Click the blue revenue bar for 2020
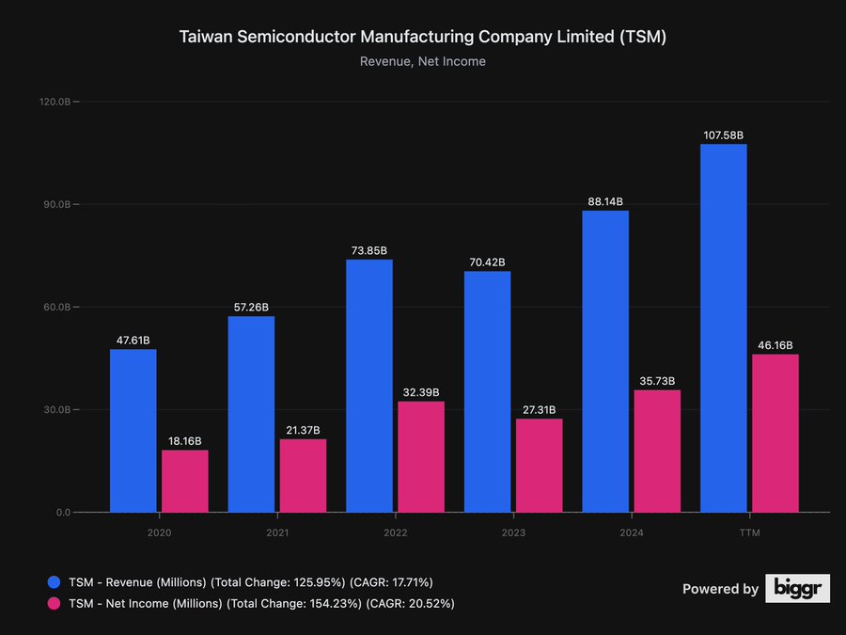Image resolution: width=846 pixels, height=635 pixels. (133, 431)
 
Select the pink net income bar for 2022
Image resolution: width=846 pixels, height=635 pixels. (421, 457)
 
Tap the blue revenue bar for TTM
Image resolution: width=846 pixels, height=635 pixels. (723, 328)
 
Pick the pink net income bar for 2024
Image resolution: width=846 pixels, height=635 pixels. (657, 452)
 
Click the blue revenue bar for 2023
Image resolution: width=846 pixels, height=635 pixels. (487, 392)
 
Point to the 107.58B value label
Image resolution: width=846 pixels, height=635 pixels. (723, 135)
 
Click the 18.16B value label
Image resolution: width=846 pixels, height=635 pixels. (184, 441)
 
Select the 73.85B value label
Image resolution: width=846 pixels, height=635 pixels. (368, 250)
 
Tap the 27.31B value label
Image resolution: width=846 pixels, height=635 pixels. (539, 410)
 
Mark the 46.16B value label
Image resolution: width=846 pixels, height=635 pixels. (775, 345)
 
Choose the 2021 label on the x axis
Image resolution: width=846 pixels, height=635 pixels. (277, 532)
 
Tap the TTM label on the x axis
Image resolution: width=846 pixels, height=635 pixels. (749, 532)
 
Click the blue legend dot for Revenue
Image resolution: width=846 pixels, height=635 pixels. (54, 582)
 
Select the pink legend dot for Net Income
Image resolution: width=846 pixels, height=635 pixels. (54, 603)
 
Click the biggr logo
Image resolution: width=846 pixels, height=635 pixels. (797, 588)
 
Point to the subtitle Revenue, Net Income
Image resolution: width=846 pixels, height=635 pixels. (423, 62)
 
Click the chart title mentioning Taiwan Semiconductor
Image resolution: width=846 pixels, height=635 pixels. (423, 38)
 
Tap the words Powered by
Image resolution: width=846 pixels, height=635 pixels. (720, 589)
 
